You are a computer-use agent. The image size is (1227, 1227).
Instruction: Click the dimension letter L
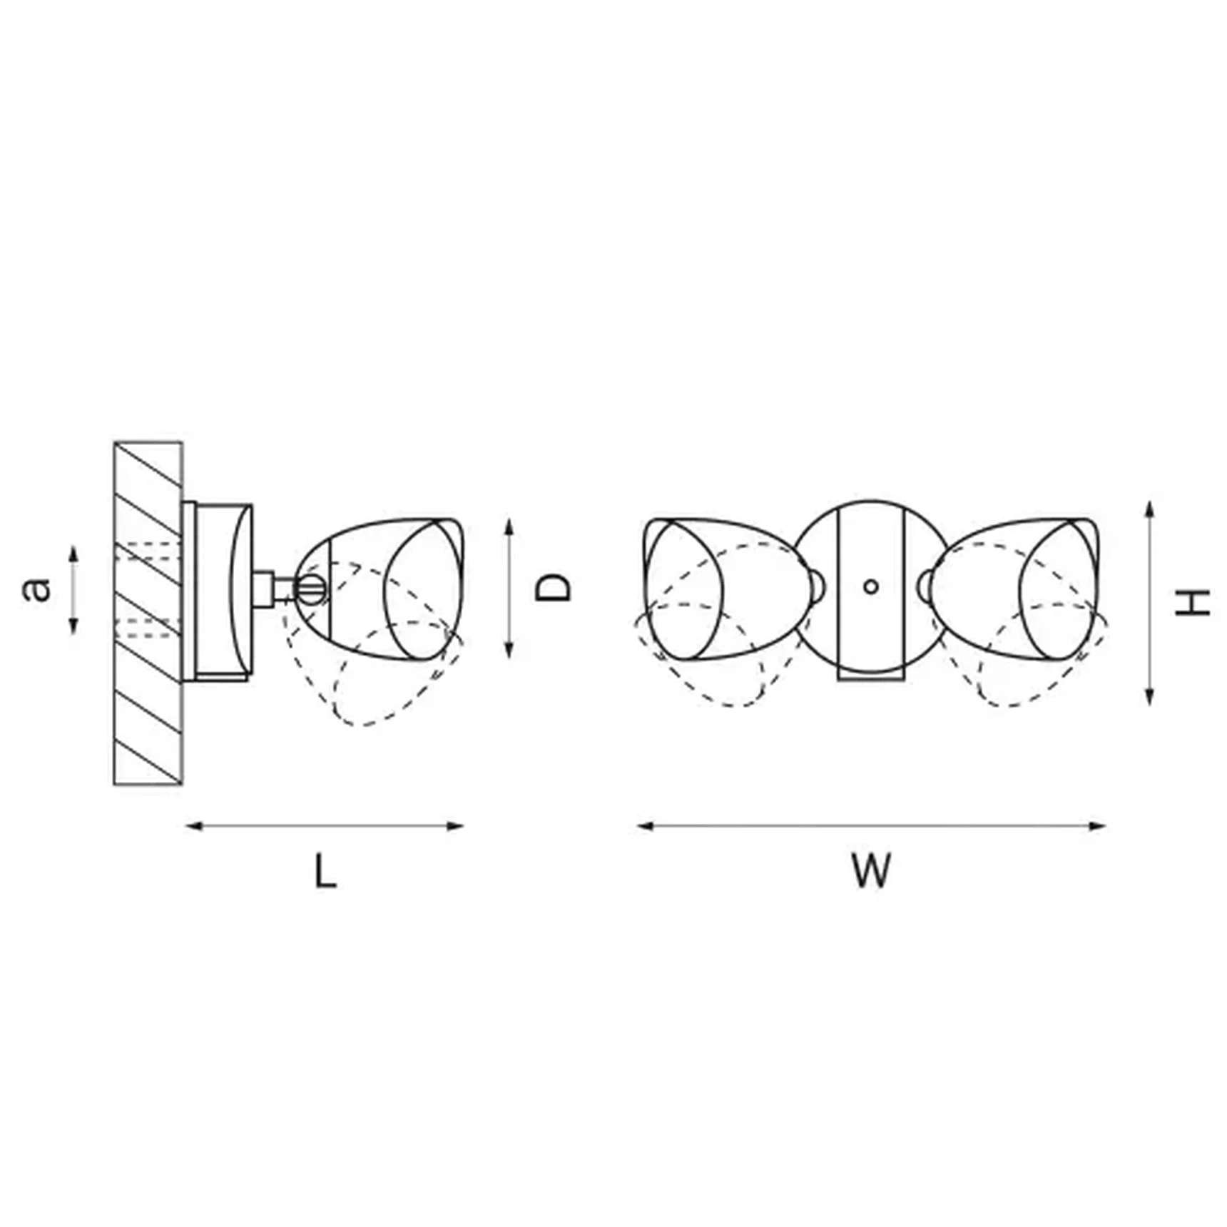coord(325,871)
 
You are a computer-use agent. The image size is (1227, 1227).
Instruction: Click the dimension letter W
coord(871,870)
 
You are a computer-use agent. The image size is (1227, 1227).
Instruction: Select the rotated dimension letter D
coord(554,588)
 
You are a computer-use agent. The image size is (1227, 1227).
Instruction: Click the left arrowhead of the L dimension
coord(193,826)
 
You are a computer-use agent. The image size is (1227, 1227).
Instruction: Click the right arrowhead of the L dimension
coord(455,826)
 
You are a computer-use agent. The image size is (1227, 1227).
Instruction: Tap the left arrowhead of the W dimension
coord(645,826)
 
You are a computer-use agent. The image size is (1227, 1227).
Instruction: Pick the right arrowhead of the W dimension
coord(1097,826)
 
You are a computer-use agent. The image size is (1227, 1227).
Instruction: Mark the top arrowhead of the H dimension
coord(1149,509)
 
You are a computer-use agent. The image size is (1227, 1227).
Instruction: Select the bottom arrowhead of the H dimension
coord(1149,697)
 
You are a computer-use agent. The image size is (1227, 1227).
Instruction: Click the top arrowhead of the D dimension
coord(509,527)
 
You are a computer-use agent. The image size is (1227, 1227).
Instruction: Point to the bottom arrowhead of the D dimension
coord(509,650)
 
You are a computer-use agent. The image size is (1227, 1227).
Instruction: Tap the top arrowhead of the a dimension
coord(73,554)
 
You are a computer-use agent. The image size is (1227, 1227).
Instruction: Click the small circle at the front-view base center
coord(870,586)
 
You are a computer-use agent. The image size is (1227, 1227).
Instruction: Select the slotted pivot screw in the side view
coord(312,589)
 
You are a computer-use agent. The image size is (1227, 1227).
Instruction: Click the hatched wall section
coord(148,613)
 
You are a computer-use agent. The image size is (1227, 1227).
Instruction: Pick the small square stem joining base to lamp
coord(264,589)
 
